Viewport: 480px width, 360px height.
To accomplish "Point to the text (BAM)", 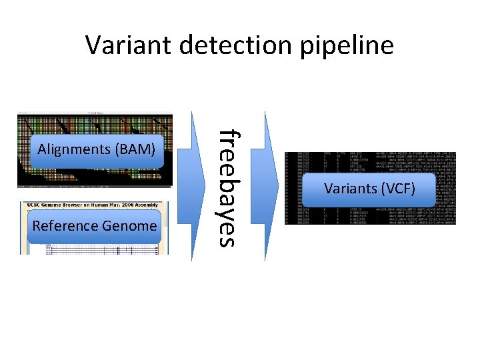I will (x=136, y=149).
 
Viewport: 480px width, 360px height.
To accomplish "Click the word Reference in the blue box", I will (x=65, y=226).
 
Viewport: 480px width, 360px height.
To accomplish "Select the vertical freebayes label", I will (x=228, y=187).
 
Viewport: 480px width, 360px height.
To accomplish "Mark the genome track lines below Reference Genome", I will (x=94, y=247).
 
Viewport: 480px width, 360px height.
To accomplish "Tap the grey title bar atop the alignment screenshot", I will (x=94, y=114).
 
